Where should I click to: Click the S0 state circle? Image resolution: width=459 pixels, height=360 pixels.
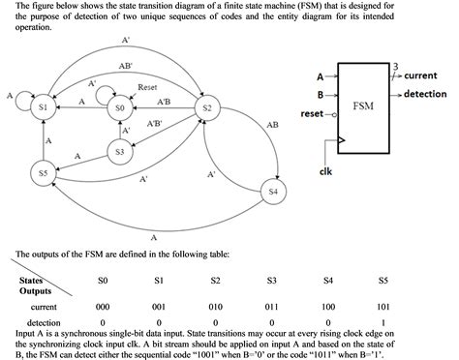pyautogui.click(x=119, y=109)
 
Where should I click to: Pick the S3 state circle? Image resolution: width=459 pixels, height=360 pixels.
pyautogui.click(x=119, y=152)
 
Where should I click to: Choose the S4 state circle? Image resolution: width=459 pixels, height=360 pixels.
pyautogui.click(x=274, y=193)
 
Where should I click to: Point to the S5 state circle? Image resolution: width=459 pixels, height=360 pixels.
pyautogui.click(x=42, y=172)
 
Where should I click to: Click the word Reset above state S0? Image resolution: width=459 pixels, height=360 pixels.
pyautogui.click(x=147, y=87)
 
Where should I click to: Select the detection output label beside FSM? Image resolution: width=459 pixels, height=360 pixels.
pyautogui.click(x=424, y=94)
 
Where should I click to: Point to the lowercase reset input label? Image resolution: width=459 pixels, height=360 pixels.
pyautogui.click(x=313, y=114)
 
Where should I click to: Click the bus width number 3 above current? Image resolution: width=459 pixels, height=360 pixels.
pyautogui.click(x=394, y=65)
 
